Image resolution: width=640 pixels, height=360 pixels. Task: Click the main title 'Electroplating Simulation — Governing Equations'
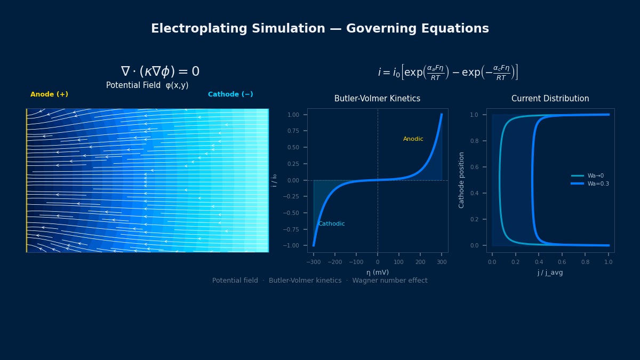click(320, 29)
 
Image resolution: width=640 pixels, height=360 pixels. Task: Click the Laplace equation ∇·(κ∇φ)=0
click(160, 71)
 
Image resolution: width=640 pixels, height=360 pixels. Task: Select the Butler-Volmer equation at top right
click(447, 73)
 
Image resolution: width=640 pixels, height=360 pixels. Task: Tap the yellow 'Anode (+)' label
click(49, 94)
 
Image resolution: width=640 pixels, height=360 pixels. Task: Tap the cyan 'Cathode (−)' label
click(230, 94)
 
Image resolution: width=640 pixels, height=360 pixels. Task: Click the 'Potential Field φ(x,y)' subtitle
click(147, 85)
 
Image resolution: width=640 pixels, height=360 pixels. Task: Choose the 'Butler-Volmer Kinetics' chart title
click(377, 99)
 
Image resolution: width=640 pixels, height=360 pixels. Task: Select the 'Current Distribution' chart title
click(550, 99)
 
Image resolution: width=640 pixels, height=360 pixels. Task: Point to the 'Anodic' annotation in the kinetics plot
click(413, 139)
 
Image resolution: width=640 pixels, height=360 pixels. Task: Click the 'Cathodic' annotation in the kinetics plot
click(331, 224)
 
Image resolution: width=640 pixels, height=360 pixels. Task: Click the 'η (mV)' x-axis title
click(377, 273)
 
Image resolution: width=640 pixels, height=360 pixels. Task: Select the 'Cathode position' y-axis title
click(462, 180)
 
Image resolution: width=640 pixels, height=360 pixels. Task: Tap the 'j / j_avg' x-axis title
click(550, 273)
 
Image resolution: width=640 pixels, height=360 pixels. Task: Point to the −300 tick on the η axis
click(314, 262)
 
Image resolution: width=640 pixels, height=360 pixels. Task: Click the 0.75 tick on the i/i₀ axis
click(293, 131)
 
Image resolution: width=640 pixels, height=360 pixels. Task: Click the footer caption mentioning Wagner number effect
click(320, 281)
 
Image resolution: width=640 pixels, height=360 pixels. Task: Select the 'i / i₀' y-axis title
click(274, 180)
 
